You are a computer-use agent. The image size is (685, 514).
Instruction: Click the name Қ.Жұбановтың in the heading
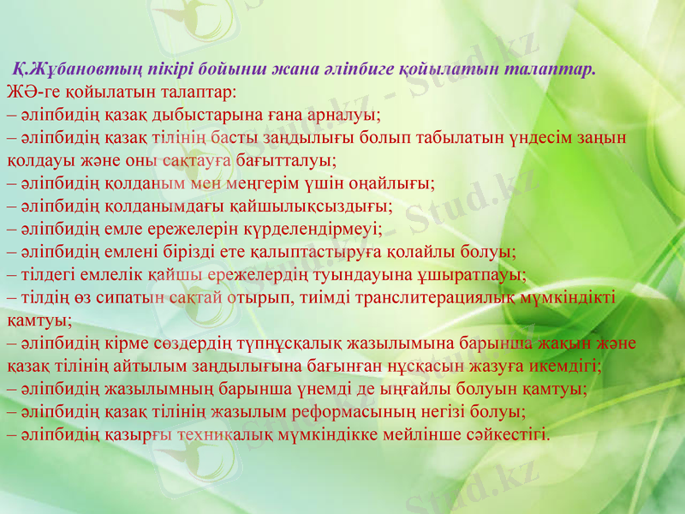click(x=68, y=69)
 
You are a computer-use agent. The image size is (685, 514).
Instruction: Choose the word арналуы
click(x=343, y=115)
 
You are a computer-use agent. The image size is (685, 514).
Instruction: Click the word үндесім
click(x=539, y=137)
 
